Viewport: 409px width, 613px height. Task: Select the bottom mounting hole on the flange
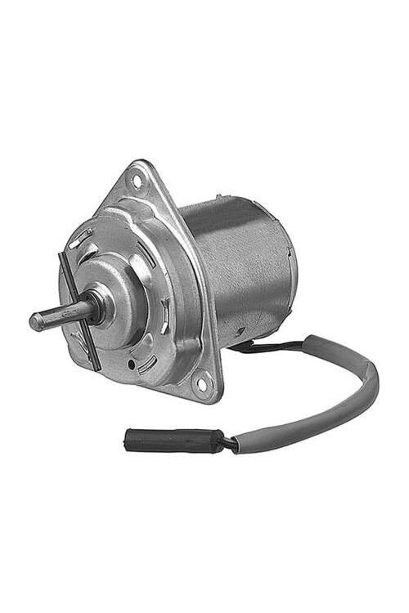[x=201, y=380]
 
